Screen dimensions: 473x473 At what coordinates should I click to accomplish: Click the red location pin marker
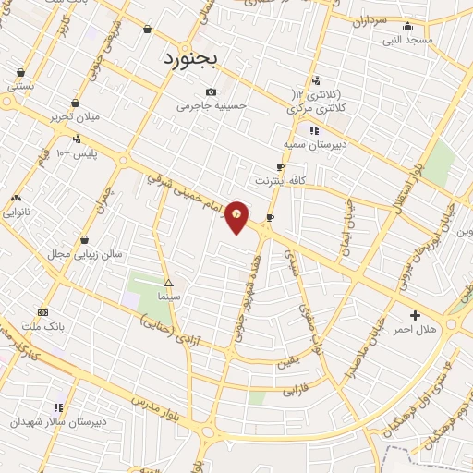tap(237, 215)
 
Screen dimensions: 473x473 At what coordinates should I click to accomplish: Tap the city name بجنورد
tap(190, 59)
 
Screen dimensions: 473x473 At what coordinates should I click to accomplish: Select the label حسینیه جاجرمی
tap(212, 106)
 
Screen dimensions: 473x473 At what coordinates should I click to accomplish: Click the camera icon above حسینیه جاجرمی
tap(212, 91)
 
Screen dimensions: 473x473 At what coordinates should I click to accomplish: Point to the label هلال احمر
tap(414, 330)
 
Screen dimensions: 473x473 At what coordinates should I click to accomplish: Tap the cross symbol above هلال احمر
tap(415, 315)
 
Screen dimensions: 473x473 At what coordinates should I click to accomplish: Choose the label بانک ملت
tap(42, 327)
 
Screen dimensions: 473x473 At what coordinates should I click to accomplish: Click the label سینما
tap(169, 297)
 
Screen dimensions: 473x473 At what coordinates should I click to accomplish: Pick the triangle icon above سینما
tap(168, 283)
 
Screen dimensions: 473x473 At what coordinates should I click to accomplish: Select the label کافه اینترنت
tap(278, 180)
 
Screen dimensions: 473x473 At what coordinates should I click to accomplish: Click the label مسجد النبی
tap(407, 41)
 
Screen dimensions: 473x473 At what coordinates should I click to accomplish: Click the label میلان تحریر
tap(74, 118)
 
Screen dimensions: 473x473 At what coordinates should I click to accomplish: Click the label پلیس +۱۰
tap(77, 152)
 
